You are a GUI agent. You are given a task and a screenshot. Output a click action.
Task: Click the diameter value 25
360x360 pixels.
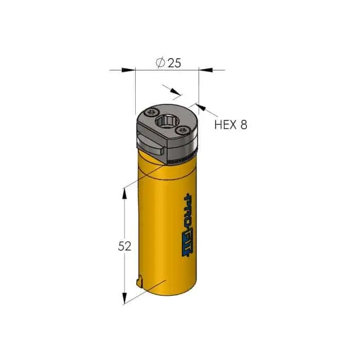[x=174, y=63]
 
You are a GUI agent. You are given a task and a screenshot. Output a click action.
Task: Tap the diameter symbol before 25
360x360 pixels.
[x=160, y=62]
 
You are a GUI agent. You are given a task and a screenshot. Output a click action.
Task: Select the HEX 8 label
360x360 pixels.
[x=231, y=124]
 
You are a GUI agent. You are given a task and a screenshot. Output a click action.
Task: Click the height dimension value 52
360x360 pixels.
[x=124, y=246]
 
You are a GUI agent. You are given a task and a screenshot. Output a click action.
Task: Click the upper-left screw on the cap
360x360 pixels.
[x=152, y=112]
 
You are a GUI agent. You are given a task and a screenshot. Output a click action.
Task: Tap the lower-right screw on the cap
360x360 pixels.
[x=183, y=130]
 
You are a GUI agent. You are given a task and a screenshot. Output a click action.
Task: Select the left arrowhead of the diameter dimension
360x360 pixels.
[x=128, y=70]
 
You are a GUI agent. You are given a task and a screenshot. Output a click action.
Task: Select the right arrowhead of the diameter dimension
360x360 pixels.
[x=206, y=69]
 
